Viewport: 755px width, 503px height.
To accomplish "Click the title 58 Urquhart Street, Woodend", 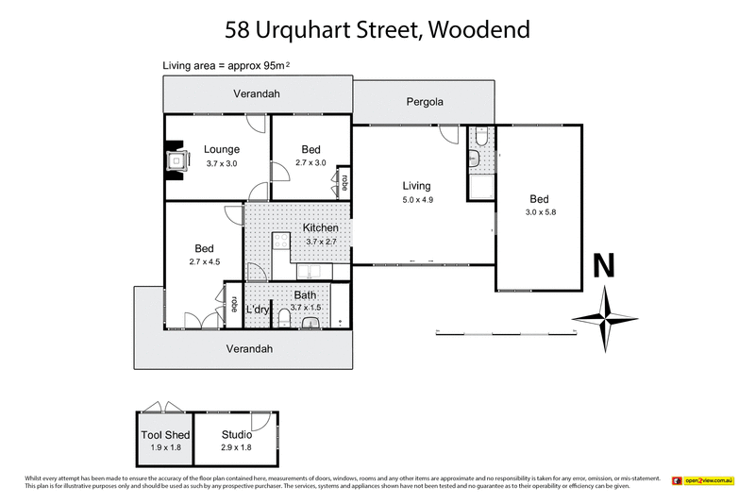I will pos(377,29).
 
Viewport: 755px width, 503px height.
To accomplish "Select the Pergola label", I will pos(425,101).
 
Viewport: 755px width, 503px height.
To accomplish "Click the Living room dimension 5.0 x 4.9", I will pos(415,200).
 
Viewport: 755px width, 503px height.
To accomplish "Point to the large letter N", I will pos(604,266).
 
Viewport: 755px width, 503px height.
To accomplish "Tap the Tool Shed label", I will pos(165,435).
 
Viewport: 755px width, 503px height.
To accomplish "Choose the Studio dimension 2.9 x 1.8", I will pos(236,447).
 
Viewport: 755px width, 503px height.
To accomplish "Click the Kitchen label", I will pos(321,228).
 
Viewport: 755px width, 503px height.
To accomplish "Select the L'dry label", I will pos(258,310).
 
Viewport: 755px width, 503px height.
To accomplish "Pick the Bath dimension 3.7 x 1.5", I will pos(306,308).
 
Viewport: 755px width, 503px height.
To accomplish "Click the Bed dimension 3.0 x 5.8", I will pos(539,212).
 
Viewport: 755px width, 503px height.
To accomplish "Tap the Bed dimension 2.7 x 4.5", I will pos(204,261).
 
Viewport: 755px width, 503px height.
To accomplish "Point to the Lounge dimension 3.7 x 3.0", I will pos(222,162).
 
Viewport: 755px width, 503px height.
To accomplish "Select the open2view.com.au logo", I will pos(703,481).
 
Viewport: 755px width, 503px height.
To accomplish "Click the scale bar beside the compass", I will pos(506,331).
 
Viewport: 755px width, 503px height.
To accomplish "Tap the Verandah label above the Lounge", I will pos(257,93).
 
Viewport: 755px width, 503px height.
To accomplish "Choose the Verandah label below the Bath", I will pos(249,348).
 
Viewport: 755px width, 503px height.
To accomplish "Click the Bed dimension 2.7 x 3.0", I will pos(310,162).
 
